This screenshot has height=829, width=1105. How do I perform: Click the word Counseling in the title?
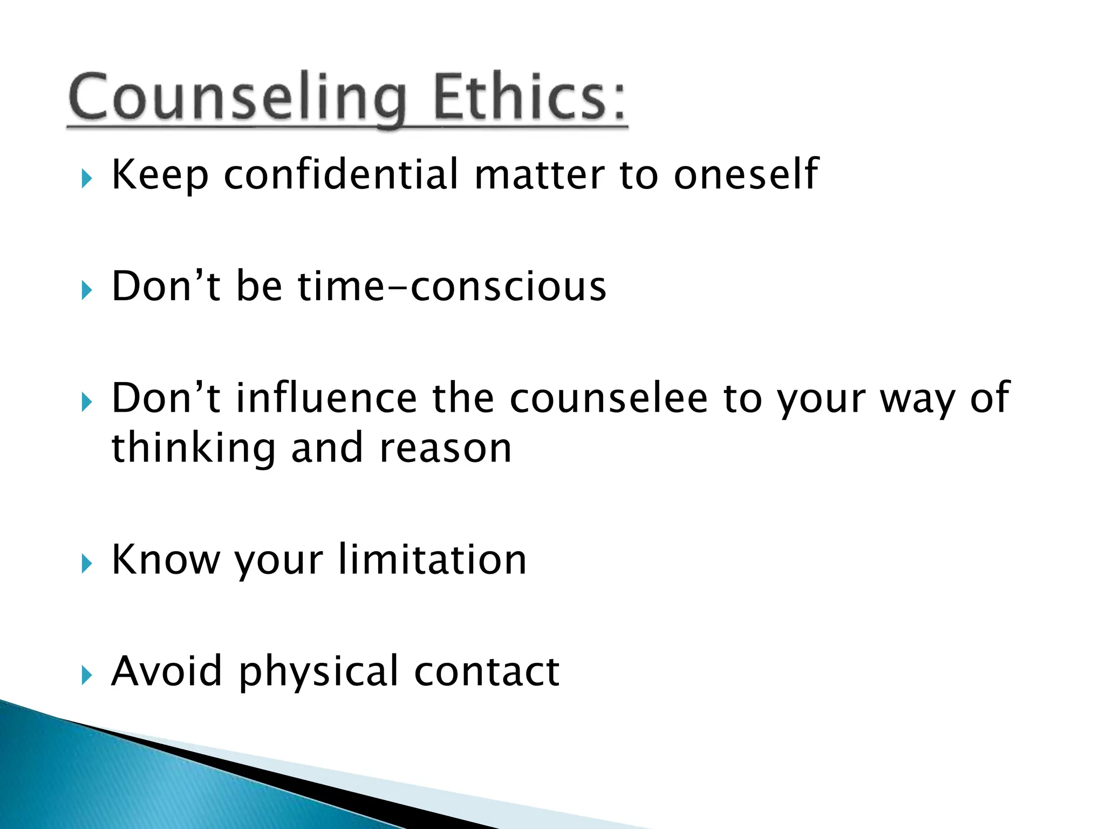click(x=237, y=97)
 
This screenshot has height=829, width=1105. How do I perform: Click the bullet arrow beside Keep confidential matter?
click(x=87, y=179)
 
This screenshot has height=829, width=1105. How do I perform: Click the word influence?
click(x=326, y=398)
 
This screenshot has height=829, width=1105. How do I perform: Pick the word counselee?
click(x=608, y=398)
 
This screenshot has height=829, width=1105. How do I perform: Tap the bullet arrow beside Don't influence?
click(x=87, y=402)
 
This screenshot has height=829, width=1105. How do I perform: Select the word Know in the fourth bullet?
click(x=166, y=560)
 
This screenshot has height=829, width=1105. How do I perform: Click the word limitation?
click(x=432, y=560)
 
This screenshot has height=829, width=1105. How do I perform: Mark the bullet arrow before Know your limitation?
click(x=87, y=564)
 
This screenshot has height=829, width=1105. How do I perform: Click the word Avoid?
click(x=166, y=671)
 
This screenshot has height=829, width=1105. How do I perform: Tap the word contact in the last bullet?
click(x=487, y=671)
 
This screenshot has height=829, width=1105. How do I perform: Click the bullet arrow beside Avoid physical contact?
click(x=87, y=675)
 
